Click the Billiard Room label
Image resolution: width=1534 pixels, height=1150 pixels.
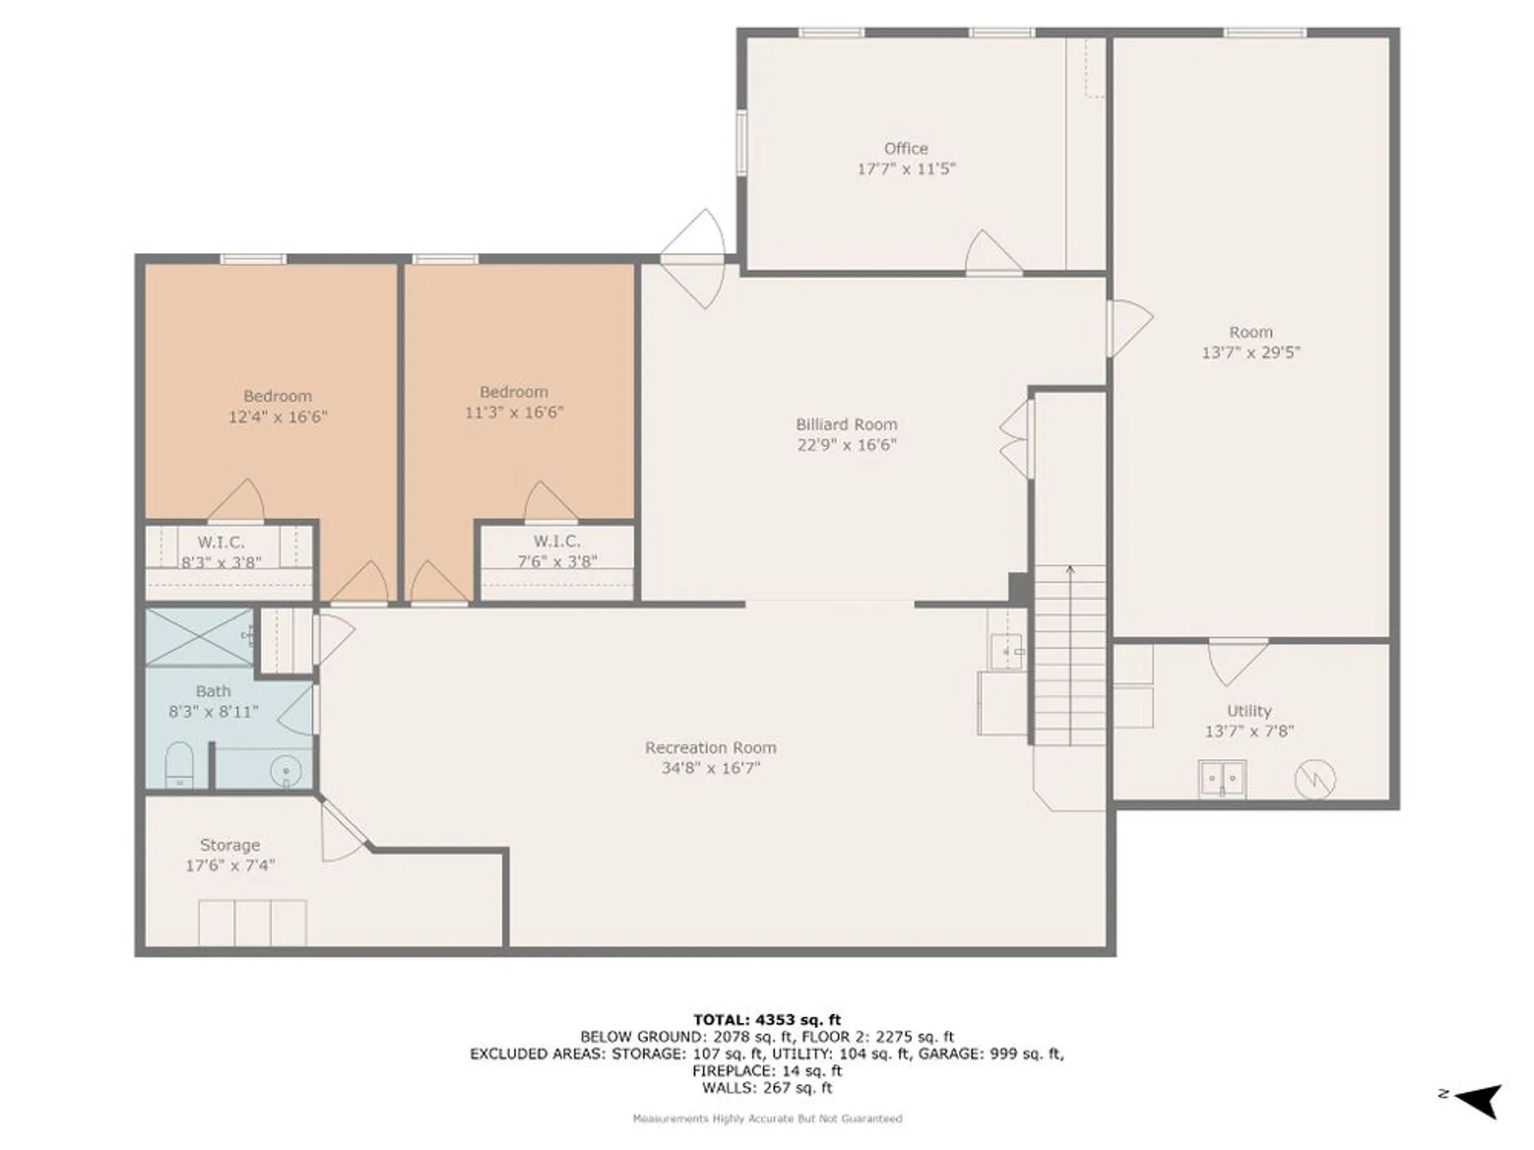846,425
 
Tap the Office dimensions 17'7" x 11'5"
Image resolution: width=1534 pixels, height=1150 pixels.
906,169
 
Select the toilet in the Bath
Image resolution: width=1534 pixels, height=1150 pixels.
179,764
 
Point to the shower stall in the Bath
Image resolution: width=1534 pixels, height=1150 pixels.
199,638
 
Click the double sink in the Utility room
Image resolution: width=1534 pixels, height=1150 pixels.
1223,779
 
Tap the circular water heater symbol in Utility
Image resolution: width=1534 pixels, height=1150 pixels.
1315,780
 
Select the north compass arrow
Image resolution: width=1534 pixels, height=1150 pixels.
1478,1101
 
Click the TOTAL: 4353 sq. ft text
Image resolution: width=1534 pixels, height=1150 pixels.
767,1020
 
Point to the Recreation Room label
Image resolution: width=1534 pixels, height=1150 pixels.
710,747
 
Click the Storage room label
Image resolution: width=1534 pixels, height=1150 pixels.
229,845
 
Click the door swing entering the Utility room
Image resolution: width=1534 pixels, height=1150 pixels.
1236,661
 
